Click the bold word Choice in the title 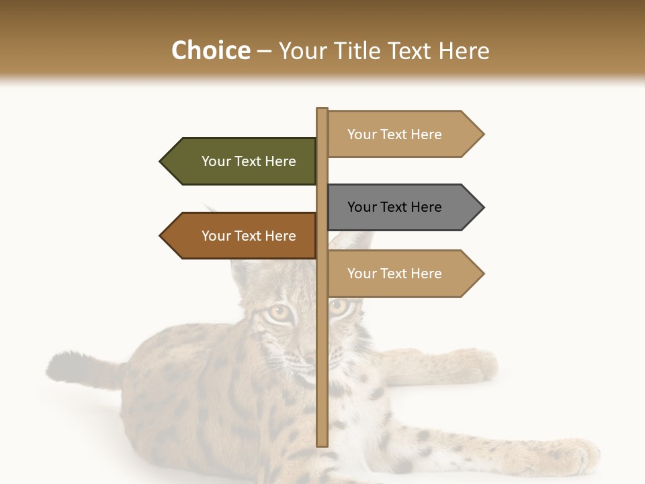click(x=210, y=50)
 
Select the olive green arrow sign click(x=242, y=161)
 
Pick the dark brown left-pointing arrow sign click(x=242, y=236)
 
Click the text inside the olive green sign click(x=249, y=161)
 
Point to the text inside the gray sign click(x=394, y=207)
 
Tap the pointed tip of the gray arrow click(x=482, y=207)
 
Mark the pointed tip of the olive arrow click(x=161, y=161)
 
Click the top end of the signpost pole click(x=322, y=110)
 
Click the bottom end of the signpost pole click(x=322, y=444)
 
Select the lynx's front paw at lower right click(x=571, y=457)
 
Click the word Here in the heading click(x=464, y=50)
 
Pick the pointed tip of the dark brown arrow click(x=161, y=236)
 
